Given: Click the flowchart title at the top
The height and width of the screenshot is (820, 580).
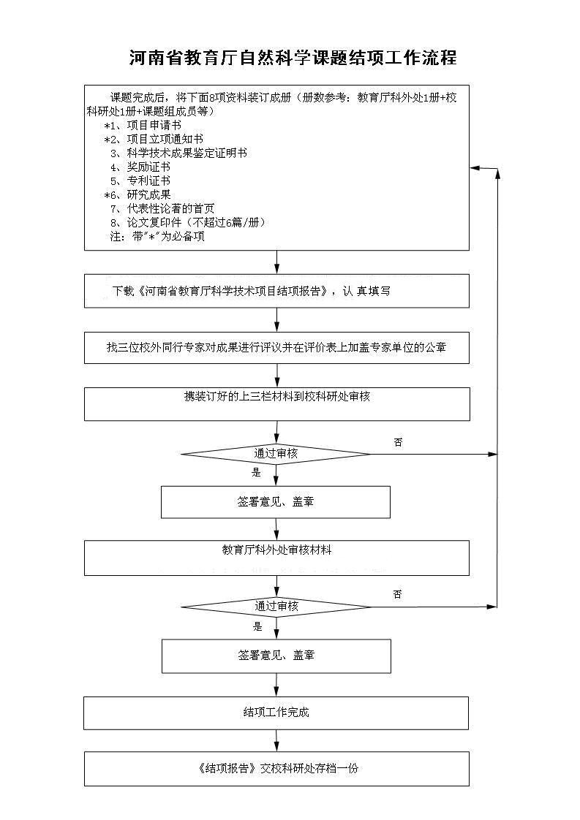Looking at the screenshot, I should pos(293,58).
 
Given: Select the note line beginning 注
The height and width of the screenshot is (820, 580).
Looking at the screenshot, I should pos(157,236).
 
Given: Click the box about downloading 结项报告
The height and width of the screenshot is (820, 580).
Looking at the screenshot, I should pos(276,291).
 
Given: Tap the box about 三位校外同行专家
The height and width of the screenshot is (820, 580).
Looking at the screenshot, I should pos(276,348).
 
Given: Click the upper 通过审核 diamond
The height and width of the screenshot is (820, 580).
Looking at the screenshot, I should pos(276,454).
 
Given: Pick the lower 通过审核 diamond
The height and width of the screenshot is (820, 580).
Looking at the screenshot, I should pos(276,607).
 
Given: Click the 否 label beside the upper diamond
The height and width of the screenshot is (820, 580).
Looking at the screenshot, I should pos(398,442).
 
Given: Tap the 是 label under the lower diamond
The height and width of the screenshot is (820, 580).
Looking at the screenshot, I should pos(257,626).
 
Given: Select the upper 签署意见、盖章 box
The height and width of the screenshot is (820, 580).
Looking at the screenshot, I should pos(276,502).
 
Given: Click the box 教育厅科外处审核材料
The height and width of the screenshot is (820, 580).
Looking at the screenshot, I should pos(276,558).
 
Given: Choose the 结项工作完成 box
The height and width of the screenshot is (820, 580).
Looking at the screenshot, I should pos(276,713).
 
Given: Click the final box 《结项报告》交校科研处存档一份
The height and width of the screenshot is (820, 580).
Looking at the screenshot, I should pos(276,769).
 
